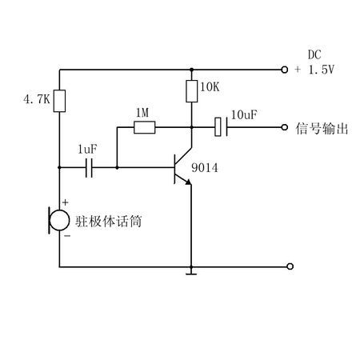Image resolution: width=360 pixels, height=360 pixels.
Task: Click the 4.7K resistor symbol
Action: [x=59, y=101]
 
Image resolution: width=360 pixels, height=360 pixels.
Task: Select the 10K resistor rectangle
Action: [x=192, y=91]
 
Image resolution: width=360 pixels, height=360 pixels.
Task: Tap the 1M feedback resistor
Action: [x=144, y=127]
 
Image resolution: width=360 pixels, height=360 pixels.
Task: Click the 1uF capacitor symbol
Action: [x=89, y=168]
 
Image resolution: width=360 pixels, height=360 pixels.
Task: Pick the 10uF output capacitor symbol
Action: [x=222, y=127]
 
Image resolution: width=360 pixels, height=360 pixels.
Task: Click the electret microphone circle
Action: [x=59, y=220]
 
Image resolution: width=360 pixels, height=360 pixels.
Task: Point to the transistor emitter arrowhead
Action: [x=188, y=182]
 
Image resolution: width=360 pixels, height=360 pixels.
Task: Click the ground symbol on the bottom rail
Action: [x=191, y=272]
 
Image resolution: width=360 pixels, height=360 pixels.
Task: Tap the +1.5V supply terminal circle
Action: [x=285, y=70]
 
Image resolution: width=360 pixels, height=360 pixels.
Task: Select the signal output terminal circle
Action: [x=285, y=127]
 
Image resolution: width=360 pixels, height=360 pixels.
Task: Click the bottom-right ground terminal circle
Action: [x=290, y=266]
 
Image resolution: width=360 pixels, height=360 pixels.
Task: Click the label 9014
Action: [x=205, y=168]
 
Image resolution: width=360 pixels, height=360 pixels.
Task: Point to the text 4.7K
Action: [x=37, y=99]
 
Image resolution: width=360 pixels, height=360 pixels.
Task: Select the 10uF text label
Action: [x=244, y=115]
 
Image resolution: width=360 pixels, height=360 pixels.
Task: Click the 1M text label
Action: [x=142, y=113]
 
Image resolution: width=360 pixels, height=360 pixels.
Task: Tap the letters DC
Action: [x=314, y=55]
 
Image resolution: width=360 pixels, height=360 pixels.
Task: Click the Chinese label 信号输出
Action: [x=322, y=129]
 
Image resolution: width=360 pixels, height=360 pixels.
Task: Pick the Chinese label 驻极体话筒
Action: [x=108, y=221]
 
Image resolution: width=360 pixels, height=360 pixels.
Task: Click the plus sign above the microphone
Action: [x=66, y=202]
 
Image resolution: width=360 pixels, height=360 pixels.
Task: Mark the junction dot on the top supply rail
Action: [x=191, y=70]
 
